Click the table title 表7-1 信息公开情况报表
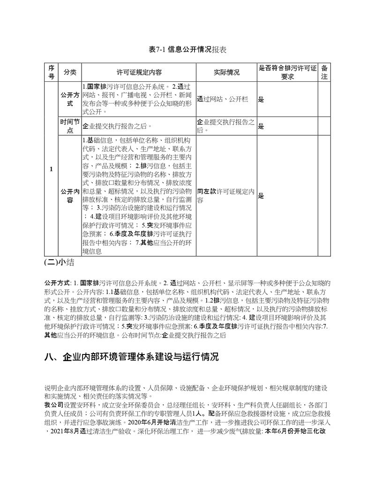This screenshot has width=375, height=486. click(x=187, y=49)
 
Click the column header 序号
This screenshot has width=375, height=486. click(x=51, y=72)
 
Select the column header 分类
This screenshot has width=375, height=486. click(x=70, y=72)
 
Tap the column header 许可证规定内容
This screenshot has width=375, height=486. click(x=139, y=72)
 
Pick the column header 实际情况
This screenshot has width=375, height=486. click(x=226, y=72)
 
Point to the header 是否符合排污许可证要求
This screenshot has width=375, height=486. click(x=288, y=72)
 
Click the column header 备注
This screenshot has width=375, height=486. click(x=324, y=72)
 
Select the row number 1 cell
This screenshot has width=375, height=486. click(x=51, y=169)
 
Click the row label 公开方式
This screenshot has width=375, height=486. click(x=70, y=99)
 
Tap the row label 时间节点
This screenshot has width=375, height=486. click(x=70, y=126)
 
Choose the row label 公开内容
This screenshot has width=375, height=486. click(x=70, y=196)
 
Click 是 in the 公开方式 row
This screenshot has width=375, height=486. click(x=261, y=100)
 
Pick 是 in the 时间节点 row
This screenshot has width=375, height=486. click(x=261, y=126)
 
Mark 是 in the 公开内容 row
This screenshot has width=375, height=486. click(x=261, y=196)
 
